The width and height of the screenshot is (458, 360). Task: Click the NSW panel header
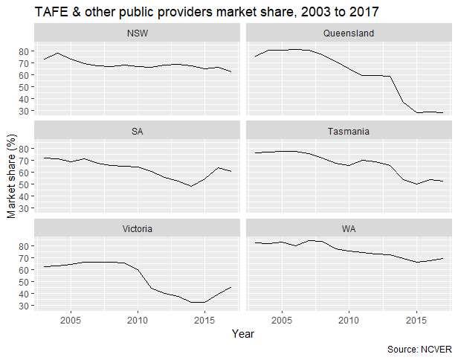point(137,33)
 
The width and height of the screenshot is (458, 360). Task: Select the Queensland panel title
point(348,33)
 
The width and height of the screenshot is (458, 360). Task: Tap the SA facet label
point(137,131)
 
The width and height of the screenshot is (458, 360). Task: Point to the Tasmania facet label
point(348,131)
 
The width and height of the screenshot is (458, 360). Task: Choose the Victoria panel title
point(137,228)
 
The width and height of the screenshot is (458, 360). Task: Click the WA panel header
point(348,228)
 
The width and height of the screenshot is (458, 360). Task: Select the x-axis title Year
point(242,335)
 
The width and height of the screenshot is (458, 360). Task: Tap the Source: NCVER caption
point(419,350)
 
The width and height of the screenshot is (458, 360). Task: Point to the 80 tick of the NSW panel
point(24,51)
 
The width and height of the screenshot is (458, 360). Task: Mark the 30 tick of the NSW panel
point(24,111)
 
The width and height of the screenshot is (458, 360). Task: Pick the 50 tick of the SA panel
point(24,184)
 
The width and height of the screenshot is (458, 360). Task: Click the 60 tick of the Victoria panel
point(24,270)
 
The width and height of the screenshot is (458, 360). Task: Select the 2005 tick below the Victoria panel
point(71,321)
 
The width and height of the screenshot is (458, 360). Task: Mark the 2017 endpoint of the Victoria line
point(230,287)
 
